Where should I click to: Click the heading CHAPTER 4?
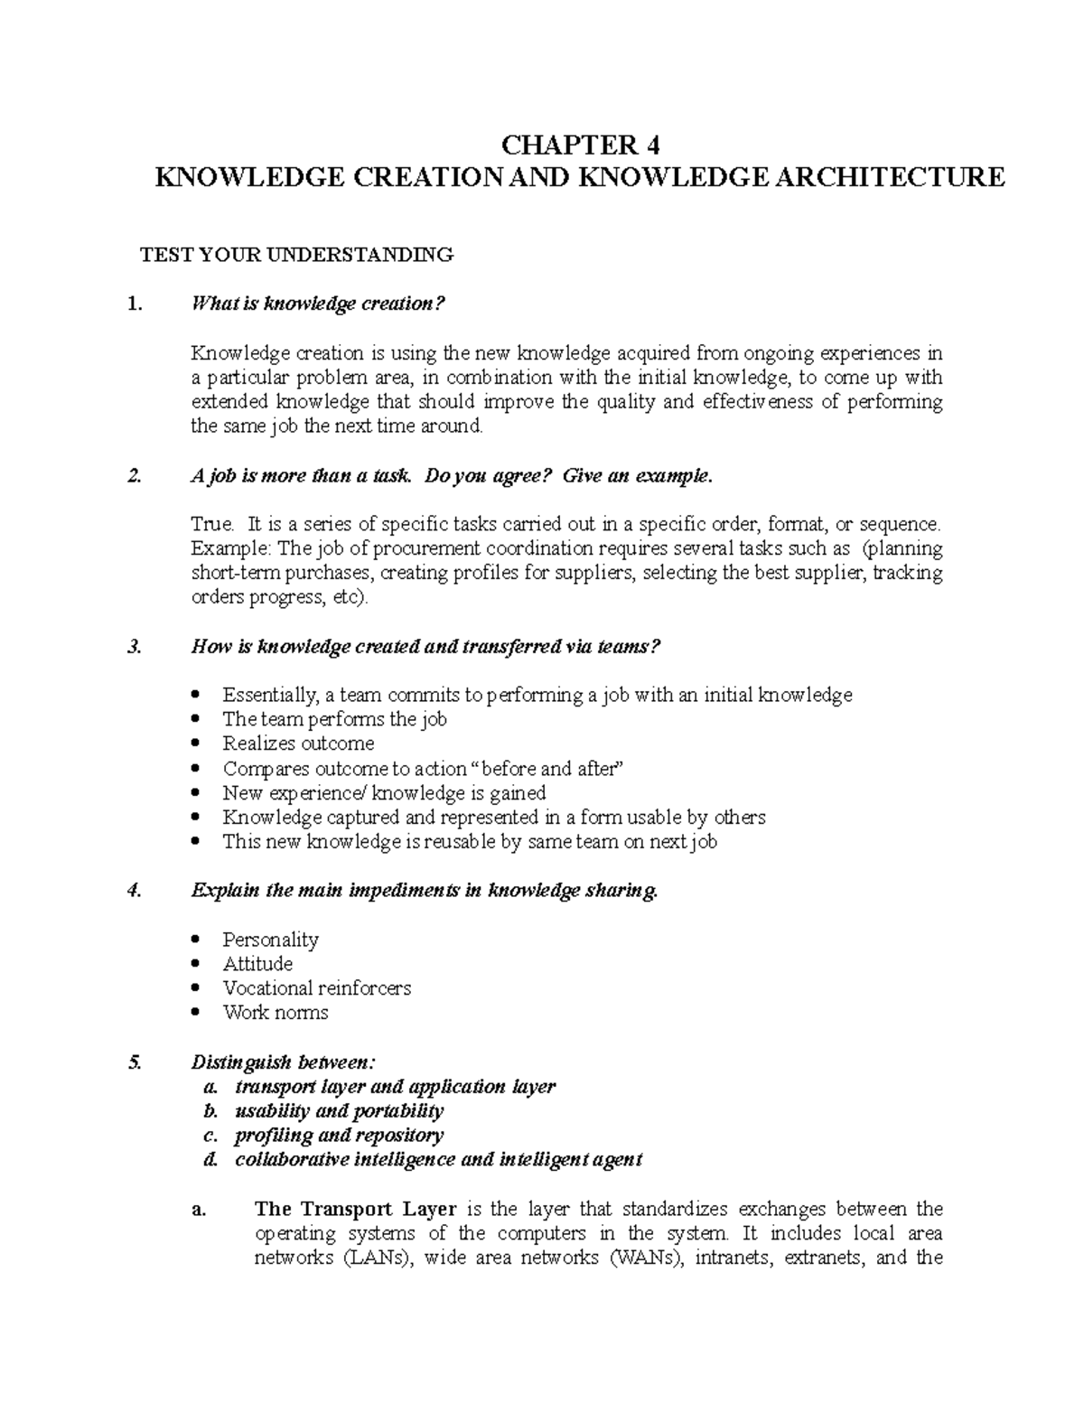point(581,145)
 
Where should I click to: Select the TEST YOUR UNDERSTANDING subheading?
point(295,255)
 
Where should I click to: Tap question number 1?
point(135,304)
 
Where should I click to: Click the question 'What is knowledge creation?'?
point(319,304)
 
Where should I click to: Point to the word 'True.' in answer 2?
point(212,524)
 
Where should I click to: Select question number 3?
point(135,647)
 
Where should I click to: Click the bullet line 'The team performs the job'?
point(334,720)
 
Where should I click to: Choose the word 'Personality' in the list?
point(270,940)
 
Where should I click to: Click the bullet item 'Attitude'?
point(257,964)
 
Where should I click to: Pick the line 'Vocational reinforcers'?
point(316,988)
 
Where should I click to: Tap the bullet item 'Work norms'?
point(276,1013)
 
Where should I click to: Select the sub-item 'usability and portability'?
point(339,1111)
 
